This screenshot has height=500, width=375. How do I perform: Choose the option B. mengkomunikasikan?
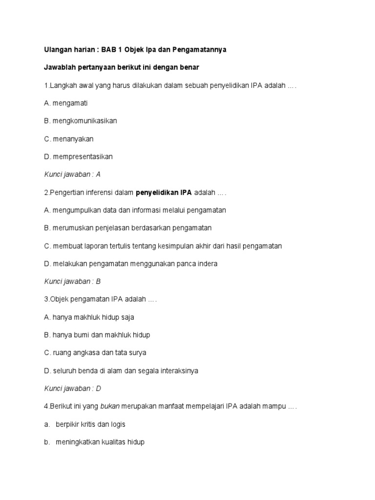click(80, 121)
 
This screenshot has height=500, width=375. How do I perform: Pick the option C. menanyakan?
click(68, 139)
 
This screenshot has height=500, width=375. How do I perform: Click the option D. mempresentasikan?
click(78, 157)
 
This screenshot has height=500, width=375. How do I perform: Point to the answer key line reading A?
click(72, 174)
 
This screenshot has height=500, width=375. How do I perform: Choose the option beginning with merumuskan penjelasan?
click(127, 228)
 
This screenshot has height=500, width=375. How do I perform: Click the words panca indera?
click(198, 264)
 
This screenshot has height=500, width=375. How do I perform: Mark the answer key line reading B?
click(72, 282)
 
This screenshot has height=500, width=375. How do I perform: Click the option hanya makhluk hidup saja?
click(89, 317)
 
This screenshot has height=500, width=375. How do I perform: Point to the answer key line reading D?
click(72, 389)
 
